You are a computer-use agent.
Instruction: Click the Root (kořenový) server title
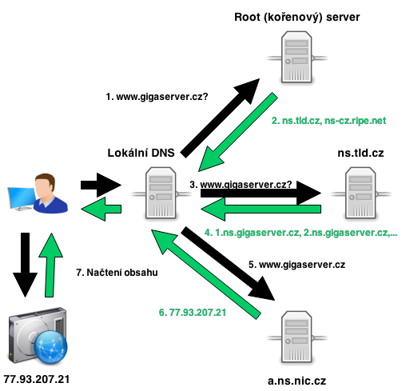297,18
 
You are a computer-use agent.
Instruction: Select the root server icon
297,57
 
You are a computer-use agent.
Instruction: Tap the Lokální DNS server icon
161,193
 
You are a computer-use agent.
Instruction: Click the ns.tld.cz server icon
360,193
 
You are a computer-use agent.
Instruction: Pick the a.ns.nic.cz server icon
297,337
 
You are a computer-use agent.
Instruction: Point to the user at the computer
38,194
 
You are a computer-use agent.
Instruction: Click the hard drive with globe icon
38,336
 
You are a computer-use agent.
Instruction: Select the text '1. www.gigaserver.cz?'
157,97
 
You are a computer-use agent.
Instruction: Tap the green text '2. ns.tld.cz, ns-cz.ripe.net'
328,121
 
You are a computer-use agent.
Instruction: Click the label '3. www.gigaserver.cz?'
241,185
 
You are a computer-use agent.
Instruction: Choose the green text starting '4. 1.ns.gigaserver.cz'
301,233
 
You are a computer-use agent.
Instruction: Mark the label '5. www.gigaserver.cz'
297,265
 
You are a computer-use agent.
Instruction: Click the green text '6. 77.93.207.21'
193,313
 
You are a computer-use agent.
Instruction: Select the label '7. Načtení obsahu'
117,273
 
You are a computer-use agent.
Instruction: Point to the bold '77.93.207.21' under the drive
37,379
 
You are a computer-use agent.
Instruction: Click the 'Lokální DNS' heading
141,153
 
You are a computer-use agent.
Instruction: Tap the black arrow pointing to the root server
220,118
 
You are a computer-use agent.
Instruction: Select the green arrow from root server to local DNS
238,132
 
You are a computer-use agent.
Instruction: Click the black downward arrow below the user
26,265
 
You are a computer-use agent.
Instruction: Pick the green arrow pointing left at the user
101,209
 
